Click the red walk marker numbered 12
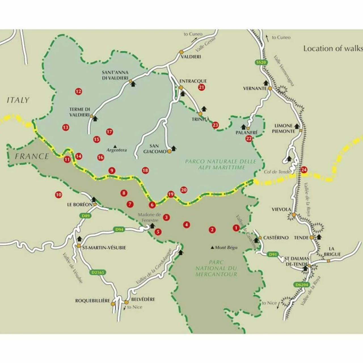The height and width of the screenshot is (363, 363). click(x=79, y=91)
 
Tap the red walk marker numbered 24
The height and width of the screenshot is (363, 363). click(x=304, y=170)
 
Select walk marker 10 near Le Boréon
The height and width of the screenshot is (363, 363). click(x=58, y=195)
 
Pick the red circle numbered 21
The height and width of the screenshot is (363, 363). click(x=202, y=87)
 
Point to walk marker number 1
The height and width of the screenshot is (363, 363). click(x=236, y=228)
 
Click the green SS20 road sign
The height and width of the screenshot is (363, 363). click(x=261, y=62)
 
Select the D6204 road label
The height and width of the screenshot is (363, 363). click(x=301, y=285)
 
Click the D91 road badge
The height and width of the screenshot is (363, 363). click(x=273, y=254)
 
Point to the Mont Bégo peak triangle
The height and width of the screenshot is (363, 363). click(x=213, y=248)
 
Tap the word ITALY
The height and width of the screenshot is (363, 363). click(x=18, y=100)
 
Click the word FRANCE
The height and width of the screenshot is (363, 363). click(x=32, y=156)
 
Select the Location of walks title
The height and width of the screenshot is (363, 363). click(x=333, y=48)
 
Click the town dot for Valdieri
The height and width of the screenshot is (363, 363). click(x=181, y=52)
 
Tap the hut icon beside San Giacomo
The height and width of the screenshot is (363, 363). click(x=174, y=148)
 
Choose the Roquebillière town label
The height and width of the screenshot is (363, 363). click(x=92, y=301)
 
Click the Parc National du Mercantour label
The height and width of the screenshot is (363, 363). click(x=216, y=268)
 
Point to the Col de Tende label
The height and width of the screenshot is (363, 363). click(x=277, y=172)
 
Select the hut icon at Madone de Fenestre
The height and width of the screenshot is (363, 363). click(x=152, y=226)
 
